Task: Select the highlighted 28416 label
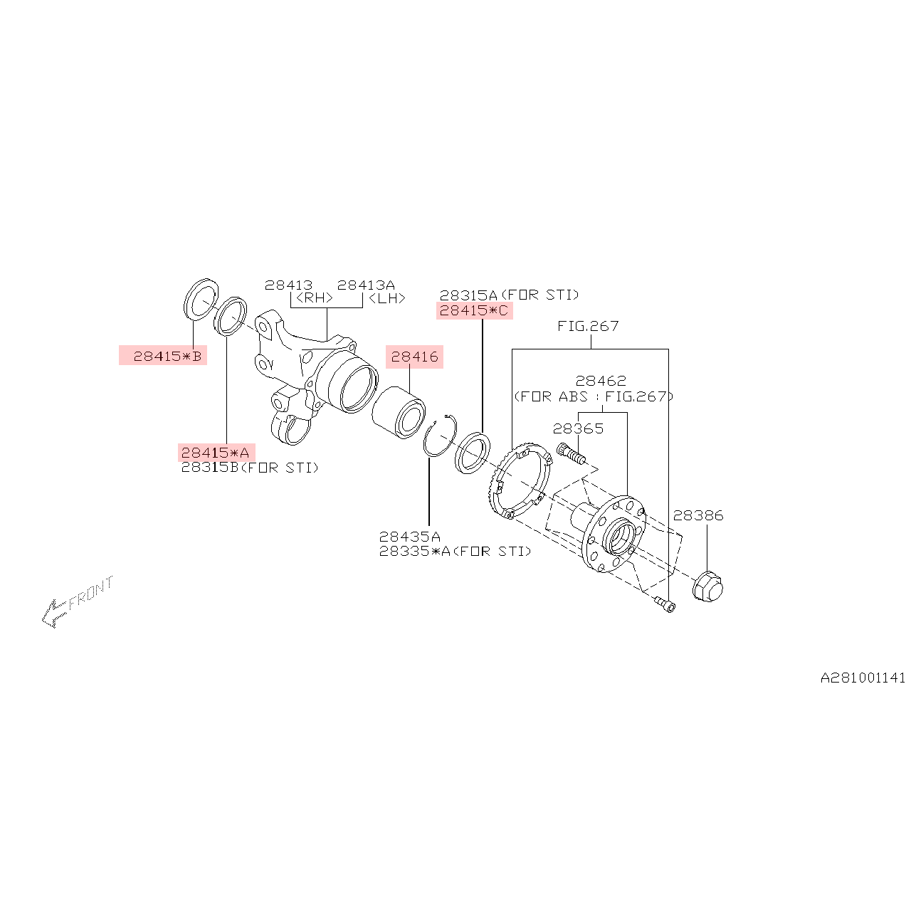tap(414, 357)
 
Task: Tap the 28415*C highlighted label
tap(474, 310)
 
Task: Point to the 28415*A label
tap(216, 453)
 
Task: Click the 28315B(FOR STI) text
tap(249, 468)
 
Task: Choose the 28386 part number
tap(697, 515)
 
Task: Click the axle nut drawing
tap(707, 586)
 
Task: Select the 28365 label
tap(578, 428)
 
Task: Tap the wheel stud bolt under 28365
tap(571, 454)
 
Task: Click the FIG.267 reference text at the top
tap(588, 326)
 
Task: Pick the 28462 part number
tap(601, 381)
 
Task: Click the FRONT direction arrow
tap(75, 602)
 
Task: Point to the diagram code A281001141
tap(863, 678)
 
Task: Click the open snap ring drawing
tap(439, 436)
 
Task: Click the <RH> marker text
tap(314, 298)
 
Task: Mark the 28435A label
tap(409, 537)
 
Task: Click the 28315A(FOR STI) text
tap(509, 295)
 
